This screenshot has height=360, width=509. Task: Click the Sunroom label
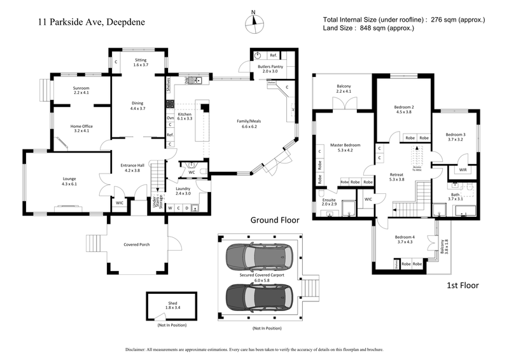tap(81, 90)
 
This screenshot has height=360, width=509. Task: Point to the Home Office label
tap(81, 128)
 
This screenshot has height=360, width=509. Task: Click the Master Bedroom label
tap(345, 148)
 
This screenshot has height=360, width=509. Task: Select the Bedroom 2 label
tap(404, 109)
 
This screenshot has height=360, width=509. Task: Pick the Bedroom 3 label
tap(455, 137)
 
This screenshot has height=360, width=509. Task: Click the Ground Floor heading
tap(274, 220)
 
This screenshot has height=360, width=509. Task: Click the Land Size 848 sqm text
tap(368, 28)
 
